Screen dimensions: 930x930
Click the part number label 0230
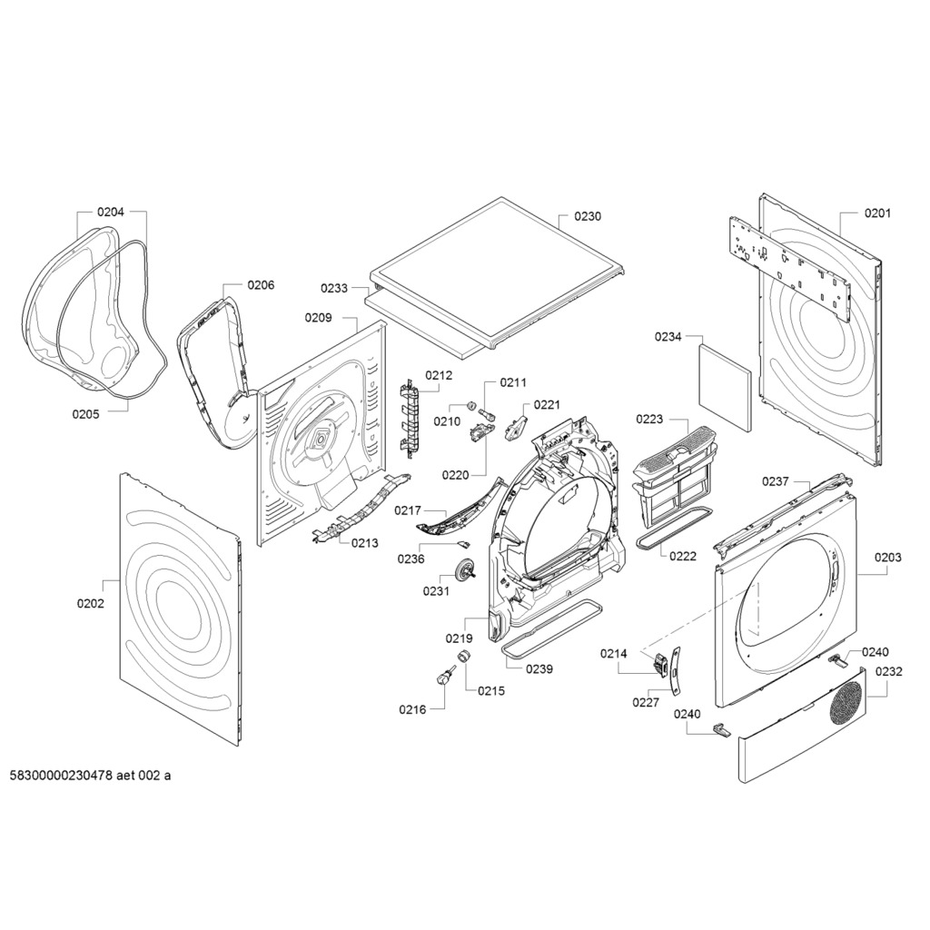[x=588, y=217]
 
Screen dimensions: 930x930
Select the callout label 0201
[x=877, y=213]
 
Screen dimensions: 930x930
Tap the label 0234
[x=668, y=337]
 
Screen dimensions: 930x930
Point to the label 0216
[x=412, y=709]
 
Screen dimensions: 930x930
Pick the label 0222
[x=683, y=556]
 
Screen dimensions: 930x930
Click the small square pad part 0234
[x=725, y=385]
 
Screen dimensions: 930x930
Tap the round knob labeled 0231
[x=467, y=570]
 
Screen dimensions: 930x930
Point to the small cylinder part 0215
[x=464, y=657]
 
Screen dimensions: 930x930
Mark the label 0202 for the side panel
[x=91, y=603]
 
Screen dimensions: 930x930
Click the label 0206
[x=261, y=284]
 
